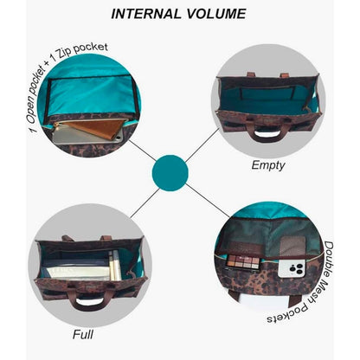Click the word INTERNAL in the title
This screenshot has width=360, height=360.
(x=145, y=14)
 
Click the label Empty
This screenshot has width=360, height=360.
(x=268, y=165)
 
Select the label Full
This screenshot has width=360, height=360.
(x=83, y=335)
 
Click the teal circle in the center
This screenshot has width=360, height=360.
(x=170, y=173)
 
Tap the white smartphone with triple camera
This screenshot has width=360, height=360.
(x=292, y=267)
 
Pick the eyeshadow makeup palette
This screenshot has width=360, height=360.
(x=242, y=261)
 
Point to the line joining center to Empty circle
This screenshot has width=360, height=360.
(x=202, y=145)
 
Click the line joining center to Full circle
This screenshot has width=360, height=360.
(x=145, y=203)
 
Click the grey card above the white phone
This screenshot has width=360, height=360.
(x=292, y=246)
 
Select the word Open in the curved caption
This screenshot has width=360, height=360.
(x=35, y=112)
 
